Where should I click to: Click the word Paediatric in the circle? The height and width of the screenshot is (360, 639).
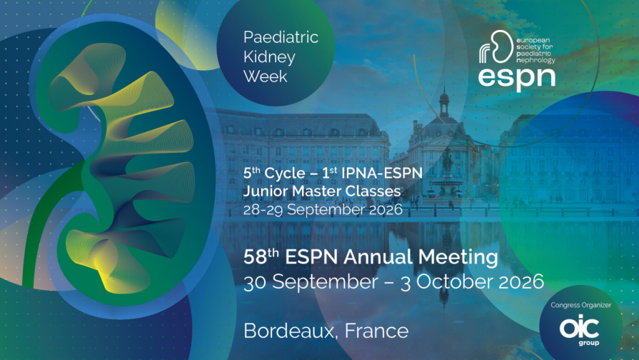281,37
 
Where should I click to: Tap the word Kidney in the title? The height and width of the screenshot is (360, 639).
269,57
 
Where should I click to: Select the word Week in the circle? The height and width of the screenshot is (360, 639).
266,76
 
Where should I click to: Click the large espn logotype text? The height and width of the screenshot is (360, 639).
517,79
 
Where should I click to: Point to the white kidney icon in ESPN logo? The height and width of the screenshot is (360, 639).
496,47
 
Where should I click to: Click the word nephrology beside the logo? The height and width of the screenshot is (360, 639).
535,60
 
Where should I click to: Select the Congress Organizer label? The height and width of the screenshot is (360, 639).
580,305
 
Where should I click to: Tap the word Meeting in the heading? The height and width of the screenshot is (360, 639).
458,257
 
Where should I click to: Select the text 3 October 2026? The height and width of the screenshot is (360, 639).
472,281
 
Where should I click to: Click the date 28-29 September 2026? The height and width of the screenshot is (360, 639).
323,209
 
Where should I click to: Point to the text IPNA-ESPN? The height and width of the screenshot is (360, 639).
382,173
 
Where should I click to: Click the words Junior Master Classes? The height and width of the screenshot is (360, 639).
322,191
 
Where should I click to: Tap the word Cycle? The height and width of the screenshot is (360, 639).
284,174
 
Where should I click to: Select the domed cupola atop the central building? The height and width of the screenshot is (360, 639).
444,102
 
